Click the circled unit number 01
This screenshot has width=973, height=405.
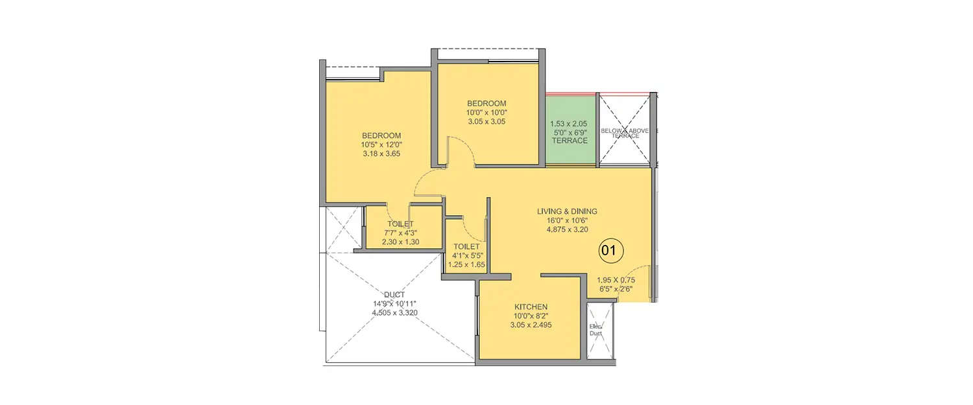(x=610, y=250)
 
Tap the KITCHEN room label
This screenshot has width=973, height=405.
(x=531, y=307)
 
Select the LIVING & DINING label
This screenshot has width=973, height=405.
(x=566, y=211)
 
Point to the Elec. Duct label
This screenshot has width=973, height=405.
(x=595, y=330)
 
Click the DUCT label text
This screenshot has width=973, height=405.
(x=394, y=295)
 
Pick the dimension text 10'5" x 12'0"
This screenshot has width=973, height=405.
(x=381, y=145)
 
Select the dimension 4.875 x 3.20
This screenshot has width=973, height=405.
(x=566, y=229)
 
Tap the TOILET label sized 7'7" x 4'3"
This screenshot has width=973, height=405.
(x=400, y=224)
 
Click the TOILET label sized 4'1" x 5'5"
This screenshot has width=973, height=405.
(x=466, y=247)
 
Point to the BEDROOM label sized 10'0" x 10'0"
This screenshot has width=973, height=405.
(x=486, y=104)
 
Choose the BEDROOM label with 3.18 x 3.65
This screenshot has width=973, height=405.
(x=381, y=135)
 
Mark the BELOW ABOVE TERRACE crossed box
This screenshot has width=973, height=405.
(x=624, y=130)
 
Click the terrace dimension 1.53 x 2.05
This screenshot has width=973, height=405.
(x=570, y=124)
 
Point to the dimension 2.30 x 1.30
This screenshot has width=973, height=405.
(x=400, y=242)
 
